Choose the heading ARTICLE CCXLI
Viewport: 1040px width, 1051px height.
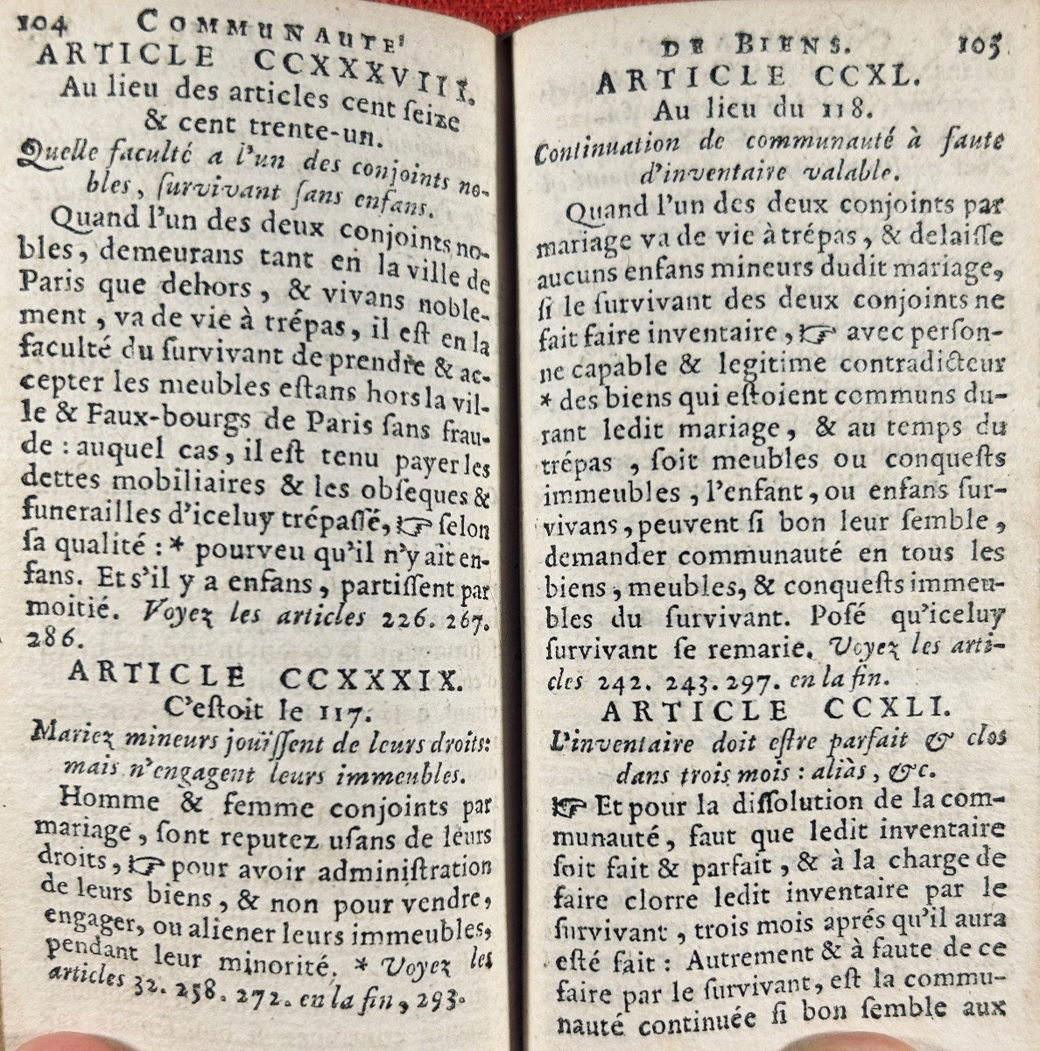click(759, 709)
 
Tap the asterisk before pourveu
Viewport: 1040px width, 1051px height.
click(175, 552)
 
